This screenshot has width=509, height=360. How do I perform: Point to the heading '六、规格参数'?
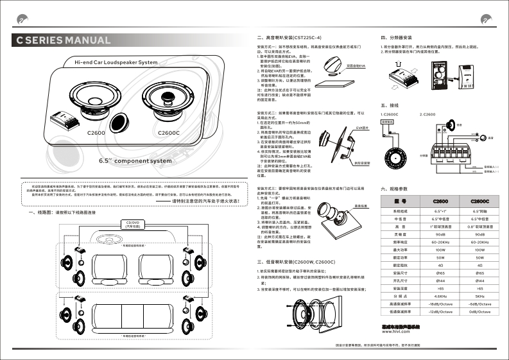[395, 189]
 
